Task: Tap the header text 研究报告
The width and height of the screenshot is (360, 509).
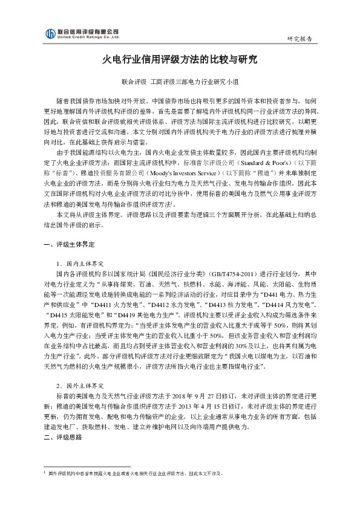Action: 299,39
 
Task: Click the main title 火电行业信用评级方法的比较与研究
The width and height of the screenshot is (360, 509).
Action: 180,60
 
